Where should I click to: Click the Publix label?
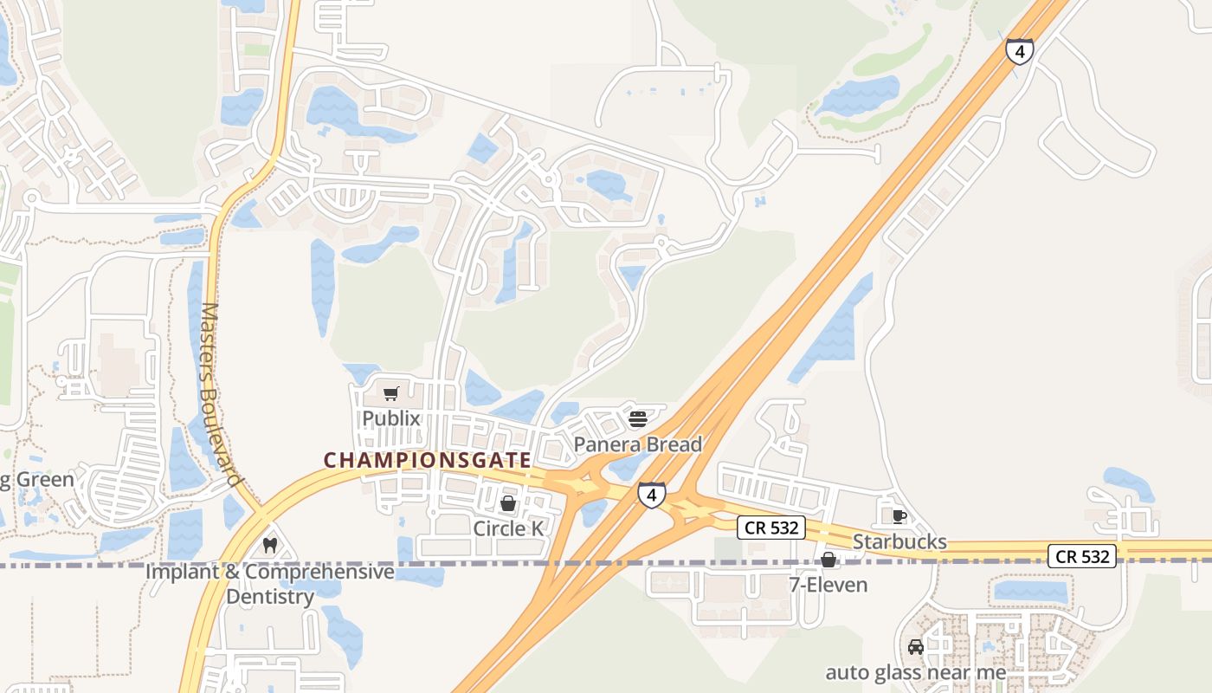(x=391, y=418)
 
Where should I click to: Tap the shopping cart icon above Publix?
(x=390, y=395)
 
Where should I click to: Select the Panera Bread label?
(x=637, y=444)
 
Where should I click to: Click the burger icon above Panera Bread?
(x=638, y=420)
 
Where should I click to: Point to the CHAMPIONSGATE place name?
(x=427, y=460)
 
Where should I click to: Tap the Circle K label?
(x=511, y=528)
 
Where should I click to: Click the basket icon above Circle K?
(x=508, y=503)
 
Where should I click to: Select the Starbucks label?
(x=899, y=541)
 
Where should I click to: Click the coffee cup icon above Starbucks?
(x=899, y=516)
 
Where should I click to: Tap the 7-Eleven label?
(x=828, y=585)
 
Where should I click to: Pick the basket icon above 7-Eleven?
(x=828, y=560)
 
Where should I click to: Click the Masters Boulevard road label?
(x=221, y=394)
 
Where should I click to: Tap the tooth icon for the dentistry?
(x=269, y=546)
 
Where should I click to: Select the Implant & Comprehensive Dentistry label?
(x=269, y=584)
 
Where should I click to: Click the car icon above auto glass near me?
(x=916, y=646)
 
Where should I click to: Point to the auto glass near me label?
(x=916, y=672)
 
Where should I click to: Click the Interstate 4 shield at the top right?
(x=1020, y=51)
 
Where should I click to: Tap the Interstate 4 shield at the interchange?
(x=652, y=495)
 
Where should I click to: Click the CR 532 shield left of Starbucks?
(x=771, y=527)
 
